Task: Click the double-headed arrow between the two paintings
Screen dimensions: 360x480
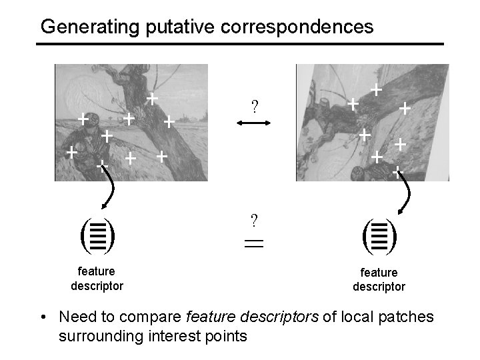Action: tap(254, 123)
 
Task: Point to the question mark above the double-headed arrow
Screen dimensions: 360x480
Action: tap(254, 105)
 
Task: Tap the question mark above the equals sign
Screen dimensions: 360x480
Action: tap(254, 219)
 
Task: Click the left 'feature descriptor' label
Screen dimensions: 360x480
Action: tap(97, 279)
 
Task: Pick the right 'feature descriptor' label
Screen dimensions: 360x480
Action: tap(379, 279)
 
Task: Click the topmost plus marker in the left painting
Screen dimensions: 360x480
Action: tap(152, 99)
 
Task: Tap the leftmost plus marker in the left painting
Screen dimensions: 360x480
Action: tap(70, 152)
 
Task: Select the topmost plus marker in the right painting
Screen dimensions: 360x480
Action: tap(376, 88)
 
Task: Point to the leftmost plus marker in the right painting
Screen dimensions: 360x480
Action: tap(353, 104)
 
